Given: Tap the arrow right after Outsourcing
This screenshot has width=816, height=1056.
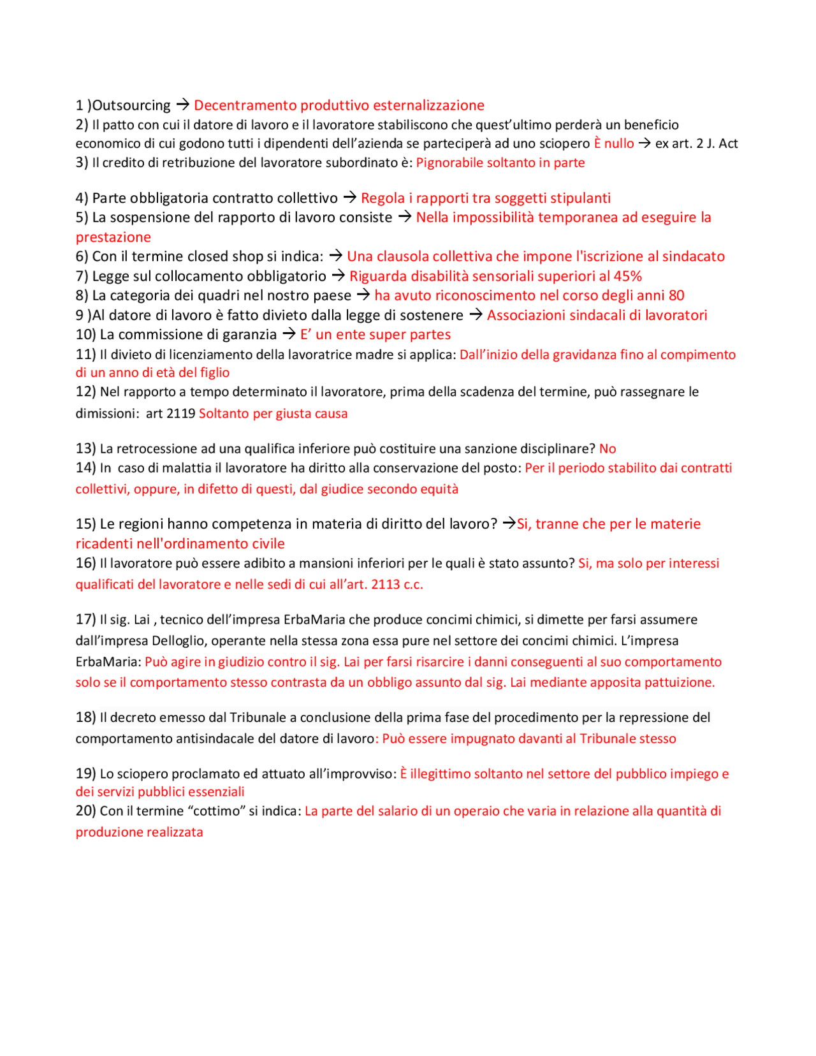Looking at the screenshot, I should tap(182, 104).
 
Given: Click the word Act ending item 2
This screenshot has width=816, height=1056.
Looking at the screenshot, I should tap(728, 143).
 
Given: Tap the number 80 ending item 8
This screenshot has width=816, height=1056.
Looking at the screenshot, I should tap(676, 295).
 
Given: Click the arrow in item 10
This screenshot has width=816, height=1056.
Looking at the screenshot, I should tap(289, 334).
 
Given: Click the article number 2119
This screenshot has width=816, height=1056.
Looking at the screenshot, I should tap(180, 413).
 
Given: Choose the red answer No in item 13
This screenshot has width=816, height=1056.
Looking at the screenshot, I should tap(608, 449).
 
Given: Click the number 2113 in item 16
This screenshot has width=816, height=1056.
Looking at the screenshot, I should tap(386, 584).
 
